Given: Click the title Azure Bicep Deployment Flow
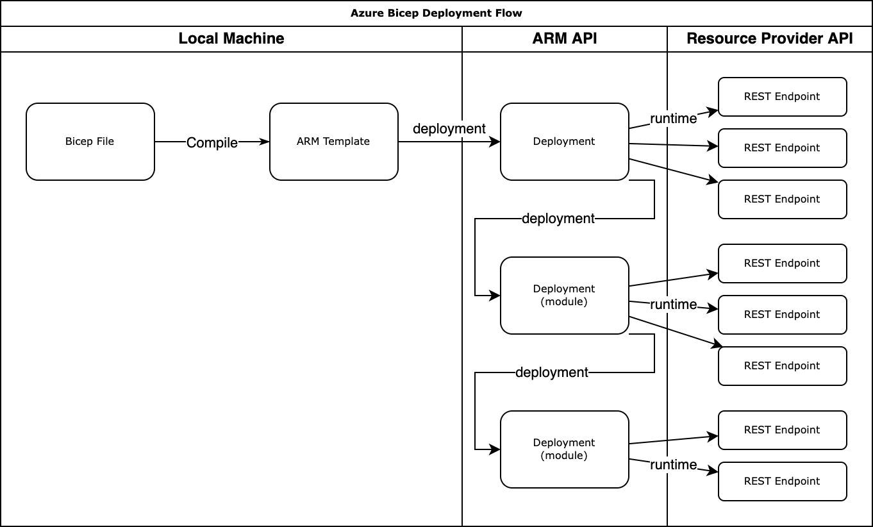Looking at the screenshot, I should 436,13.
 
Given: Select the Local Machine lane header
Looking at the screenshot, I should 231,38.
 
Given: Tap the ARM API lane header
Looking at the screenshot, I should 564,38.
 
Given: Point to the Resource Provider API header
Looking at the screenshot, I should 769,38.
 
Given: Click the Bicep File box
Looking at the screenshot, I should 90,142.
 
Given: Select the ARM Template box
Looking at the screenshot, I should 333,142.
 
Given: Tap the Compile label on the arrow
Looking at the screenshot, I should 212,142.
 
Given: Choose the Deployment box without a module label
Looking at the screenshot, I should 564,142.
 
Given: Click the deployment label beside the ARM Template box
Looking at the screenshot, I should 449,129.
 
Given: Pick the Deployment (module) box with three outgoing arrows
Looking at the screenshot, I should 564,296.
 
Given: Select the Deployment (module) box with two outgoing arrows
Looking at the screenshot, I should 564,449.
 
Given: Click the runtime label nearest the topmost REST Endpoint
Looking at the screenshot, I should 673,119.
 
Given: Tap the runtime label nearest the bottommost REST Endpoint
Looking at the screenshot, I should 673,465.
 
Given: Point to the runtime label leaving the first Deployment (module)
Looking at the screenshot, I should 673,305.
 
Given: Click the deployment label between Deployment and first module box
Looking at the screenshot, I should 558,219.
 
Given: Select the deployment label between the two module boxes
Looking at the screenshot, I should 551,372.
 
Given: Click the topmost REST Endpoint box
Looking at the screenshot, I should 782,97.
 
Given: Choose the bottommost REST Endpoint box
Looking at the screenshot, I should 782,481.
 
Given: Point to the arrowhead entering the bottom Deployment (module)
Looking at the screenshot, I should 495,449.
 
